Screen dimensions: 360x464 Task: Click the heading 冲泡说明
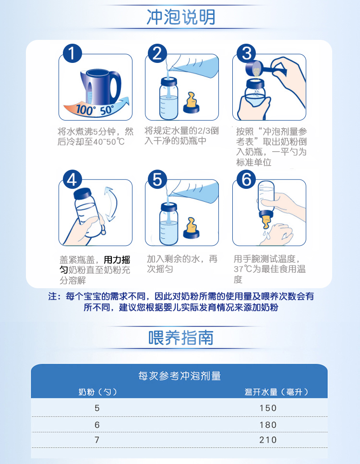[181, 17]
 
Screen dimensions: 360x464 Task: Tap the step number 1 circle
[72, 53]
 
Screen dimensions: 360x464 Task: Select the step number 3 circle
[247, 53]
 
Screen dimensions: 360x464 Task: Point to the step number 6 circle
[246, 179]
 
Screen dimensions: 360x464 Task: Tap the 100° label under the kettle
[85, 110]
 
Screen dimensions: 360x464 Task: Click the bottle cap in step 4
[83, 194]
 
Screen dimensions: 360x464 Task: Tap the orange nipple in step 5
[191, 228]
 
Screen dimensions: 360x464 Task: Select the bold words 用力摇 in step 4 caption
[117, 260]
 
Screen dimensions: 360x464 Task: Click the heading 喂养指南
[181, 338]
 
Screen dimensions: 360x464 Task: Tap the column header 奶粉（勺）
[97, 392]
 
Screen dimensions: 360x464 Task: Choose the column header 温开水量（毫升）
[276, 392]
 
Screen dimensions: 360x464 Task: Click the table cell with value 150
[268, 408]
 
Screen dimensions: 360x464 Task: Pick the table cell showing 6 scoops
[97, 425]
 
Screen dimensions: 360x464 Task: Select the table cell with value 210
[268, 440]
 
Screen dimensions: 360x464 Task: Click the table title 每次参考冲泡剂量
[180, 376]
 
